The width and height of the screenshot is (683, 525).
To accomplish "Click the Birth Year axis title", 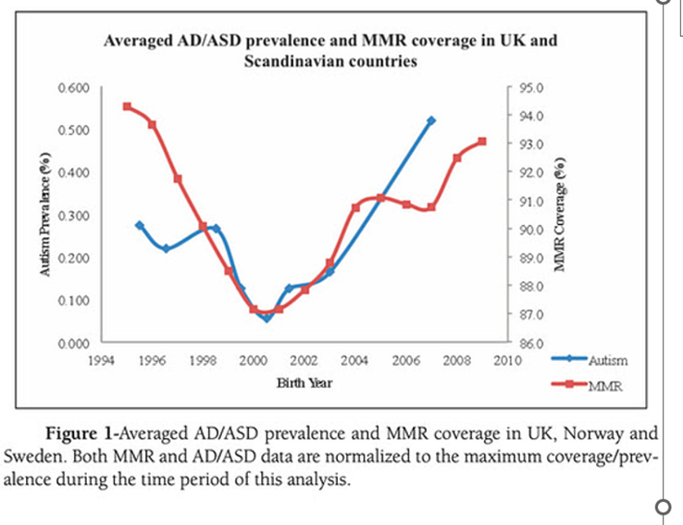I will pos(304,382).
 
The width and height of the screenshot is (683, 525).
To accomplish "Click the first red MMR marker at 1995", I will pos(127,106).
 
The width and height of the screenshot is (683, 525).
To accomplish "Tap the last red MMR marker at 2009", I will pos(482,142).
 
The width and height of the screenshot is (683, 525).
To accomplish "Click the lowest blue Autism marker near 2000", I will pos(267,318).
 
